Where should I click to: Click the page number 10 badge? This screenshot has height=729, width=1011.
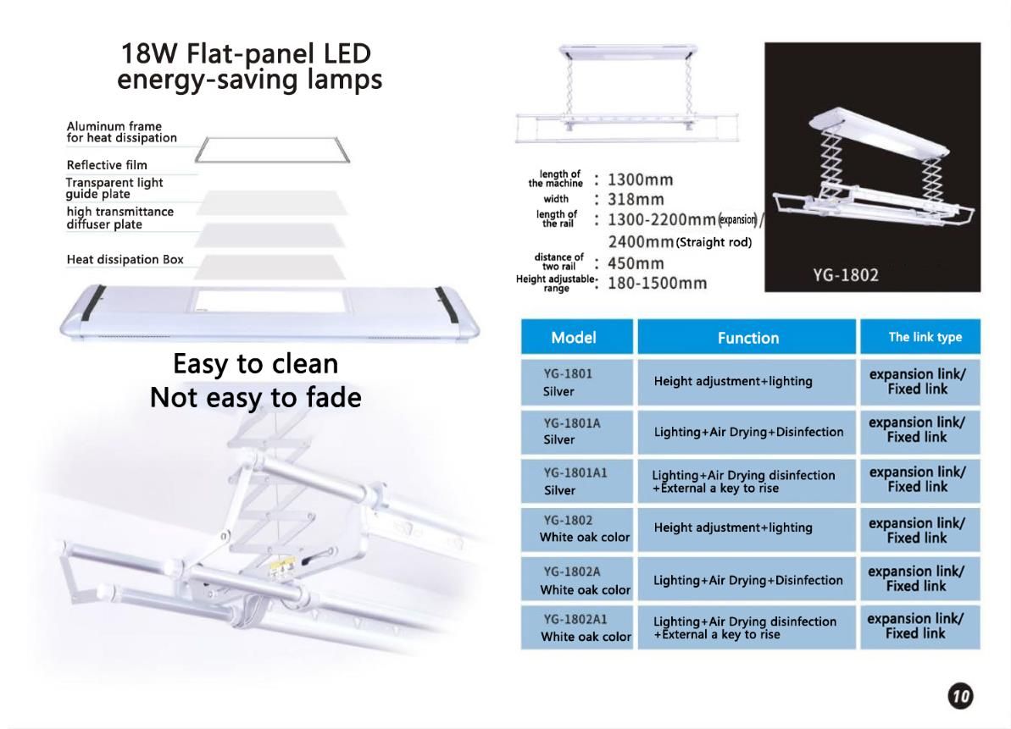pos(960,696)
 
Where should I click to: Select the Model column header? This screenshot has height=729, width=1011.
pos(577,337)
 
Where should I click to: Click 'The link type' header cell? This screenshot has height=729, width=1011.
pos(920,337)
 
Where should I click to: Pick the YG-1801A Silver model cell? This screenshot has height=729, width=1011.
pos(577,432)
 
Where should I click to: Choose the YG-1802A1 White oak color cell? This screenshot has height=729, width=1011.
pos(577,627)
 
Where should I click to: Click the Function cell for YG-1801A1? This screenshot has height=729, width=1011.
pos(747,481)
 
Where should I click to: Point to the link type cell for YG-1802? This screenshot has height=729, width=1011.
pos(920,530)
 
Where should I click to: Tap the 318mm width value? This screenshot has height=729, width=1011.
pos(635,200)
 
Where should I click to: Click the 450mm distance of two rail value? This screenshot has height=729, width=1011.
pos(635,263)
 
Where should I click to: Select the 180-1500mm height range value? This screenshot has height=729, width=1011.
pos(657,284)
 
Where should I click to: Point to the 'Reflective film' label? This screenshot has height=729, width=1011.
pos(107,165)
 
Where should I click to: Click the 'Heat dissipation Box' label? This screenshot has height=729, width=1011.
pos(125,260)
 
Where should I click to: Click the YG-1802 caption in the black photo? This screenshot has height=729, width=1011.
pos(845,275)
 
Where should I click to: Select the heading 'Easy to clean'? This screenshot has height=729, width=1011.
pos(255,364)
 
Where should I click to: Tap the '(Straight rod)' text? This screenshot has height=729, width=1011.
pos(714,242)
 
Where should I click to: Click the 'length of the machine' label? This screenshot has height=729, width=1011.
pos(556,179)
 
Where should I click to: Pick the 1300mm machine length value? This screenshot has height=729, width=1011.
pos(640,179)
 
